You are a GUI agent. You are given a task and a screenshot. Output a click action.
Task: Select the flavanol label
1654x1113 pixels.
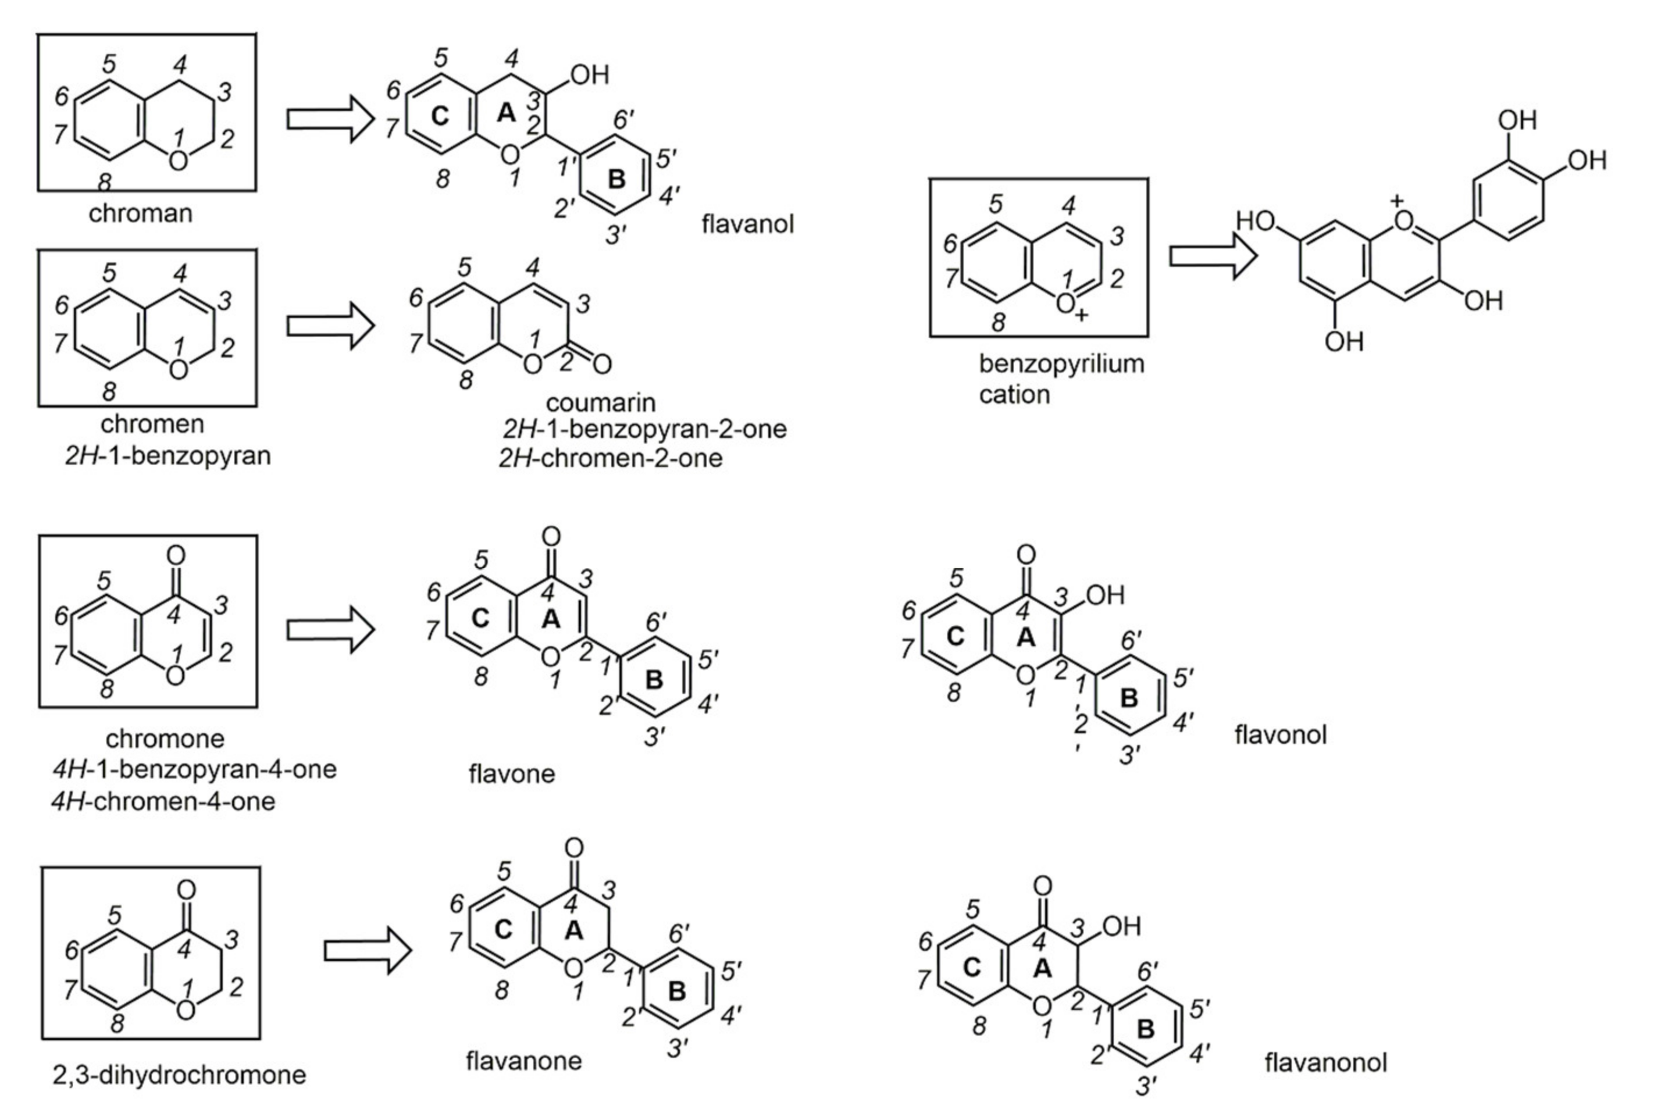[x=747, y=224]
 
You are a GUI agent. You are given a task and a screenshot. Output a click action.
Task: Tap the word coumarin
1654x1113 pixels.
[x=601, y=402]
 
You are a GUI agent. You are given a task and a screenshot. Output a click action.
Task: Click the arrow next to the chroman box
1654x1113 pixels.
[x=330, y=119]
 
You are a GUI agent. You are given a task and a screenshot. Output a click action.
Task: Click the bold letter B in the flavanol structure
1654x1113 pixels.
[x=616, y=180]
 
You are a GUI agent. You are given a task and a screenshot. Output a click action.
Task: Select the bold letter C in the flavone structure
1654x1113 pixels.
[x=480, y=619]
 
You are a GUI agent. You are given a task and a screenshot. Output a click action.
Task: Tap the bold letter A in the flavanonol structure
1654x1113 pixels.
[x=1042, y=968]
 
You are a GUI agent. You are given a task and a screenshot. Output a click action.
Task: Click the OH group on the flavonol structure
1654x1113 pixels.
[x=1105, y=595]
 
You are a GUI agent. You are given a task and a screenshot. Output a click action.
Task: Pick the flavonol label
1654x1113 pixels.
[x=1280, y=734]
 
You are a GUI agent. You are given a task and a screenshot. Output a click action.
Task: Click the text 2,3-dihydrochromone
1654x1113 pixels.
[x=179, y=1075]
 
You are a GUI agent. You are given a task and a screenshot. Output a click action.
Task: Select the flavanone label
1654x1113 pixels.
[x=523, y=1061]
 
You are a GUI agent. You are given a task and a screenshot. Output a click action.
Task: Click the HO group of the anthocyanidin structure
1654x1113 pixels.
[x=1255, y=222]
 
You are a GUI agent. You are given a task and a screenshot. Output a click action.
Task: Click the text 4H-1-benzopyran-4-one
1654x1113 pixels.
[x=194, y=769]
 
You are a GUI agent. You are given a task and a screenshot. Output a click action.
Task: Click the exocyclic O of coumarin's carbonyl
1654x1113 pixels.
[x=602, y=365]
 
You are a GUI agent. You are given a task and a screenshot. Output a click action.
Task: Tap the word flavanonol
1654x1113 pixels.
[x=1325, y=1062]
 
